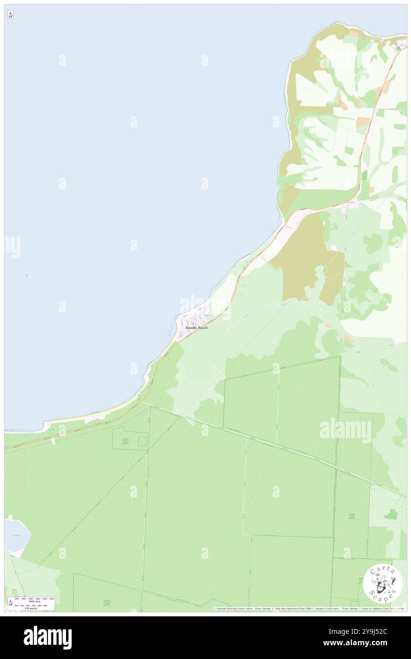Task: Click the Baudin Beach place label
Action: coord(196,328)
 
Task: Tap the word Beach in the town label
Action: coord(203,328)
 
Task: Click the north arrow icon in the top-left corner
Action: coord(10,15)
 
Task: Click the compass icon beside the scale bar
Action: coord(11,604)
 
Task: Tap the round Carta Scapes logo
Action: coord(383,584)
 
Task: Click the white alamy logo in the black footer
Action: coord(47,638)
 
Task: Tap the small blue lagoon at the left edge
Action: coord(16,535)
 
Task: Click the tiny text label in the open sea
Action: coord(27,275)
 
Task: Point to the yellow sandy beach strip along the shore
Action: coord(95,415)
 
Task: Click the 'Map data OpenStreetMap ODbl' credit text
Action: coord(294,608)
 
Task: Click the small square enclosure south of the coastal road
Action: coord(142,441)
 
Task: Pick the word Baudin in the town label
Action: coord(191,328)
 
